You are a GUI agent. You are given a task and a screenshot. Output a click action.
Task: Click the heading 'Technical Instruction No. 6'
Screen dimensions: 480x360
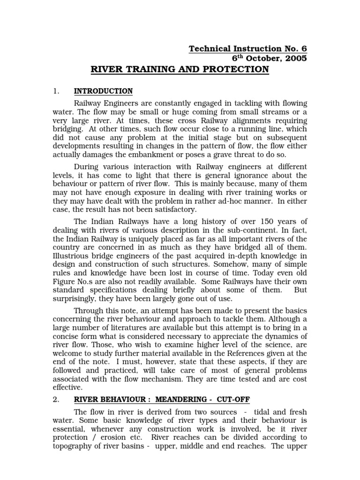click(247, 49)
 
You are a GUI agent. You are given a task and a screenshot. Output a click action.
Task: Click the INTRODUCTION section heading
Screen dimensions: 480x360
click(103, 91)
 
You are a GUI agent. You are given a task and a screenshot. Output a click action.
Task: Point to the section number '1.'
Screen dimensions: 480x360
click(55, 91)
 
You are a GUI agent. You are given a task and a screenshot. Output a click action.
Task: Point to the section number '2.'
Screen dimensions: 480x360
click(55, 399)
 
